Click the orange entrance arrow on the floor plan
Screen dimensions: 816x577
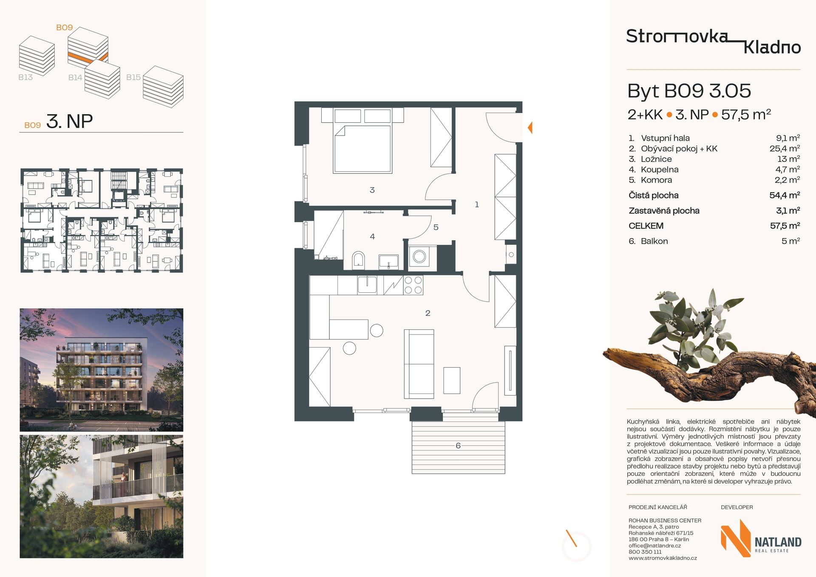pos(530,127)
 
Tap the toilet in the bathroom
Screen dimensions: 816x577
pos(358,260)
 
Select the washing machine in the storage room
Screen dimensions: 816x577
pos(419,256)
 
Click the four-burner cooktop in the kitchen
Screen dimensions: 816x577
pos(413,285)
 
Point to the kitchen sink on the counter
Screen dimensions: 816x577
pos(367,284)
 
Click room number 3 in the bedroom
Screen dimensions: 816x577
pos(372,190)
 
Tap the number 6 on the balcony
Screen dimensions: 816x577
pos(458,446)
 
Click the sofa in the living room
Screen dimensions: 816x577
pos(419,364)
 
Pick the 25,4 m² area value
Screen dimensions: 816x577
pos(785,148)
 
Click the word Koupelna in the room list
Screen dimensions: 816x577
pos(660,170)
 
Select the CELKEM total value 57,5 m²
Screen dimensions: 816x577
pos(785,226)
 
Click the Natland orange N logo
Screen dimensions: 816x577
pos(736,538)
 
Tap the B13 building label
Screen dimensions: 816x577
pos(25,77)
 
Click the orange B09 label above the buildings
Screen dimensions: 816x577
pos(65,28)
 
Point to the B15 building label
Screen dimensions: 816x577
pos(133,77)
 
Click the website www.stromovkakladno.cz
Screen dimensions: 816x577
pos(663,558)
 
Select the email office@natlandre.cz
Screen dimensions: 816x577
pos(654,546)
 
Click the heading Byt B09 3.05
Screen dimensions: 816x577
pos(689,91)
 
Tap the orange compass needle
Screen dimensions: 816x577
pos(571,538)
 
